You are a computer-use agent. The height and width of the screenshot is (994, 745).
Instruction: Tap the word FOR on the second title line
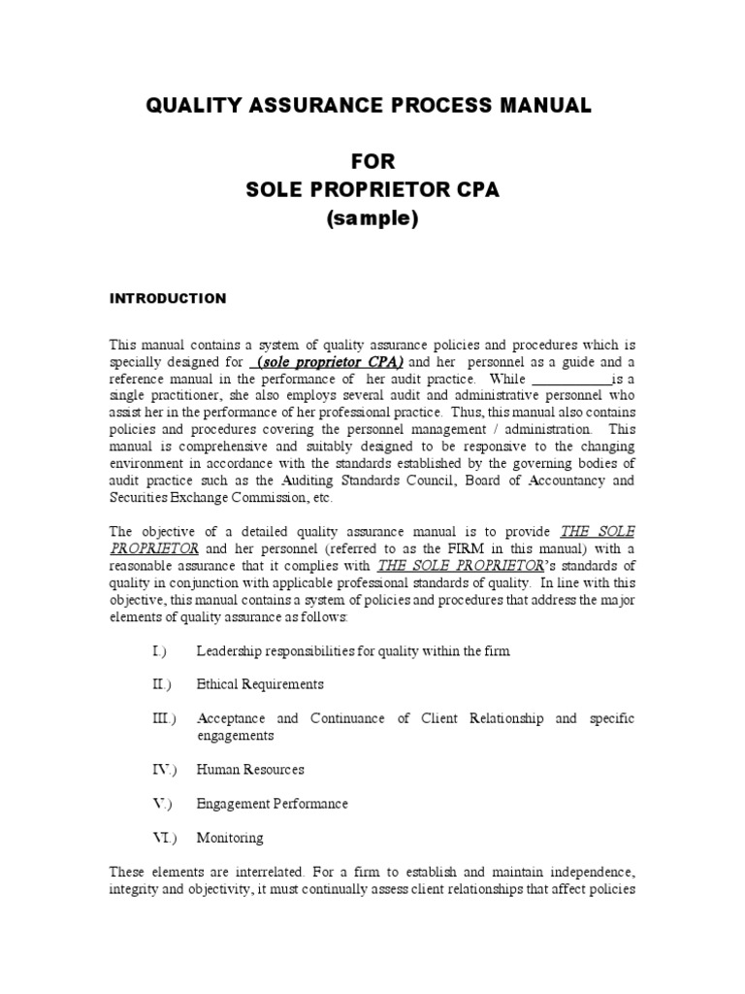[x=372, y=161]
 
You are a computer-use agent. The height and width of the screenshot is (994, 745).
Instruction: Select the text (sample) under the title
[x=372, y=219]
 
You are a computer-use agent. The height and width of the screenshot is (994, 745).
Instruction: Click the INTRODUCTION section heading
[x=167, y=299]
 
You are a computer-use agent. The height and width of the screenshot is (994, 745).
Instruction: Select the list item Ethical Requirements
[x=260, y=684]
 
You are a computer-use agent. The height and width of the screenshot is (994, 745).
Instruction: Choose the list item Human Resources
[x=250, y=770]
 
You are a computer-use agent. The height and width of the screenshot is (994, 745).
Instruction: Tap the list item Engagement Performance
[x=272, y=804]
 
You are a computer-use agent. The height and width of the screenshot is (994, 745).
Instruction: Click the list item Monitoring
[x=229, y=838]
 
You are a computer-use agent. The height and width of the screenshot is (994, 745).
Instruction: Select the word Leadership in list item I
[x=228, y=650]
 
